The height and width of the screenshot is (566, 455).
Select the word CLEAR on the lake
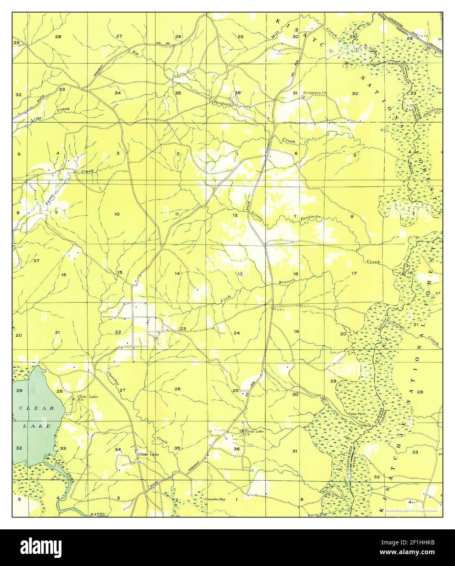(x=37, y=408)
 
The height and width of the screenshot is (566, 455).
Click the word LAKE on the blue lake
(x=37, y=426)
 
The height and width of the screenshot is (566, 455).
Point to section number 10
(x=117, y=214)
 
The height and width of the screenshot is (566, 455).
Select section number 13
(x=240, y=274)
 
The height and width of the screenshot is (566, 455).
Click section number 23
(x=183, y=329)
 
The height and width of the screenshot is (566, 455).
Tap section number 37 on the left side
(x=36, y=261)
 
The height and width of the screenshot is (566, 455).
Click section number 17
(x=354, y=273)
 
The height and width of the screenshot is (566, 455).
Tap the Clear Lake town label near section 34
(x=149, y=454)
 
